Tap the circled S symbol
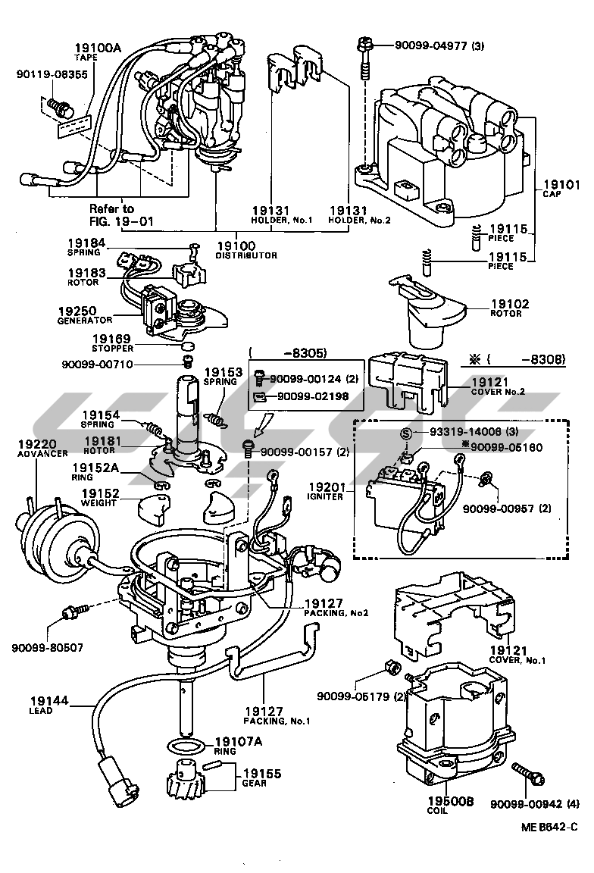[406, 432]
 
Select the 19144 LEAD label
[49, 705]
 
